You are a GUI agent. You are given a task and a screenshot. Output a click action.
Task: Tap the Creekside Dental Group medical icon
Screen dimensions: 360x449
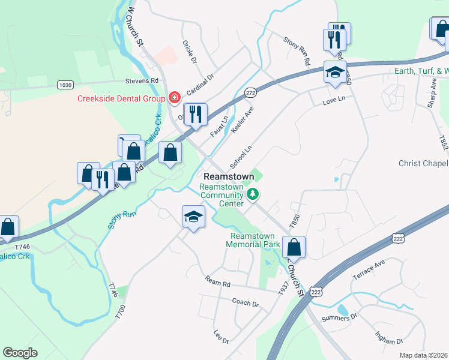175,97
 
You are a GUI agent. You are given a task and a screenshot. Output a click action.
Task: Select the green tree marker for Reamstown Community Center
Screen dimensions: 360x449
253,193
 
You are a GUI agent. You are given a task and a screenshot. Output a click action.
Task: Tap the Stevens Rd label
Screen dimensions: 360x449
142,80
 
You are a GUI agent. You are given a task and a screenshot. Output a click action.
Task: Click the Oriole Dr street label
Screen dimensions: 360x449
189,52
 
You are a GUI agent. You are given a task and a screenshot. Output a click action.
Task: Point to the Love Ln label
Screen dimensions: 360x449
334,99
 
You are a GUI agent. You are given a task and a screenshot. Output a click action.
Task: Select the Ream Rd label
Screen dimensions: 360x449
217,281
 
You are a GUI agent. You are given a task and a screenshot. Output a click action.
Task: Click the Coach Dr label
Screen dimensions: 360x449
245,304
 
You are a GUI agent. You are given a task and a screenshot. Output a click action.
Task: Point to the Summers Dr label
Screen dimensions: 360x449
339,317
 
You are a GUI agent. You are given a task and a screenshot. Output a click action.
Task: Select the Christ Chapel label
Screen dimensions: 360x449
423,164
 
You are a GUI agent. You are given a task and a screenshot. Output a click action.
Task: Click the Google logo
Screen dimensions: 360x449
20,352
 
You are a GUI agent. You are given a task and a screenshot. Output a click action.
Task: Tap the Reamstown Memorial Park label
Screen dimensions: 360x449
253,240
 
